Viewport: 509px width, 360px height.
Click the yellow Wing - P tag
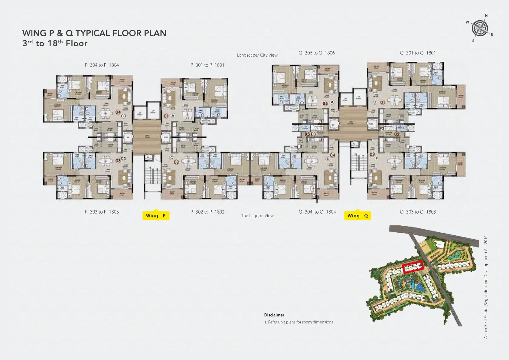pos(156,215)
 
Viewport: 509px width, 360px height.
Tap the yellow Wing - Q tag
pos(357,215)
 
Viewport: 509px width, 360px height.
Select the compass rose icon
pos(480,28)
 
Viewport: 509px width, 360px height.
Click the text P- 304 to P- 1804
pos(102,65)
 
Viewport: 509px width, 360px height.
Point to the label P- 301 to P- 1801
pos(207,65)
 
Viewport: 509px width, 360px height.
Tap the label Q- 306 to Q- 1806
pos(317,53)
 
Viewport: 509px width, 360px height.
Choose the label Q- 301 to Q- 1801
pos(418,53)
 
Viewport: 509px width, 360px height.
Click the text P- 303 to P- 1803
pos(102,212)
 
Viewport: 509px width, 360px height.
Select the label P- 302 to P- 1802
pos(207,212)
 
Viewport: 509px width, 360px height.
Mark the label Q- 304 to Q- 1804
pos(317,212)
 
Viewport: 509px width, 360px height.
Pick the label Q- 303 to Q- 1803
pos(418,212)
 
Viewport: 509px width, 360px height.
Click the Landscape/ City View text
pos(257,55)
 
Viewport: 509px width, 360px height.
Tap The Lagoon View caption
pos(257,216)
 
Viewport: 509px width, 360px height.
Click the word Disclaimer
pos(275,315)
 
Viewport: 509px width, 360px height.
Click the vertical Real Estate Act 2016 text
pos(486,286)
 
